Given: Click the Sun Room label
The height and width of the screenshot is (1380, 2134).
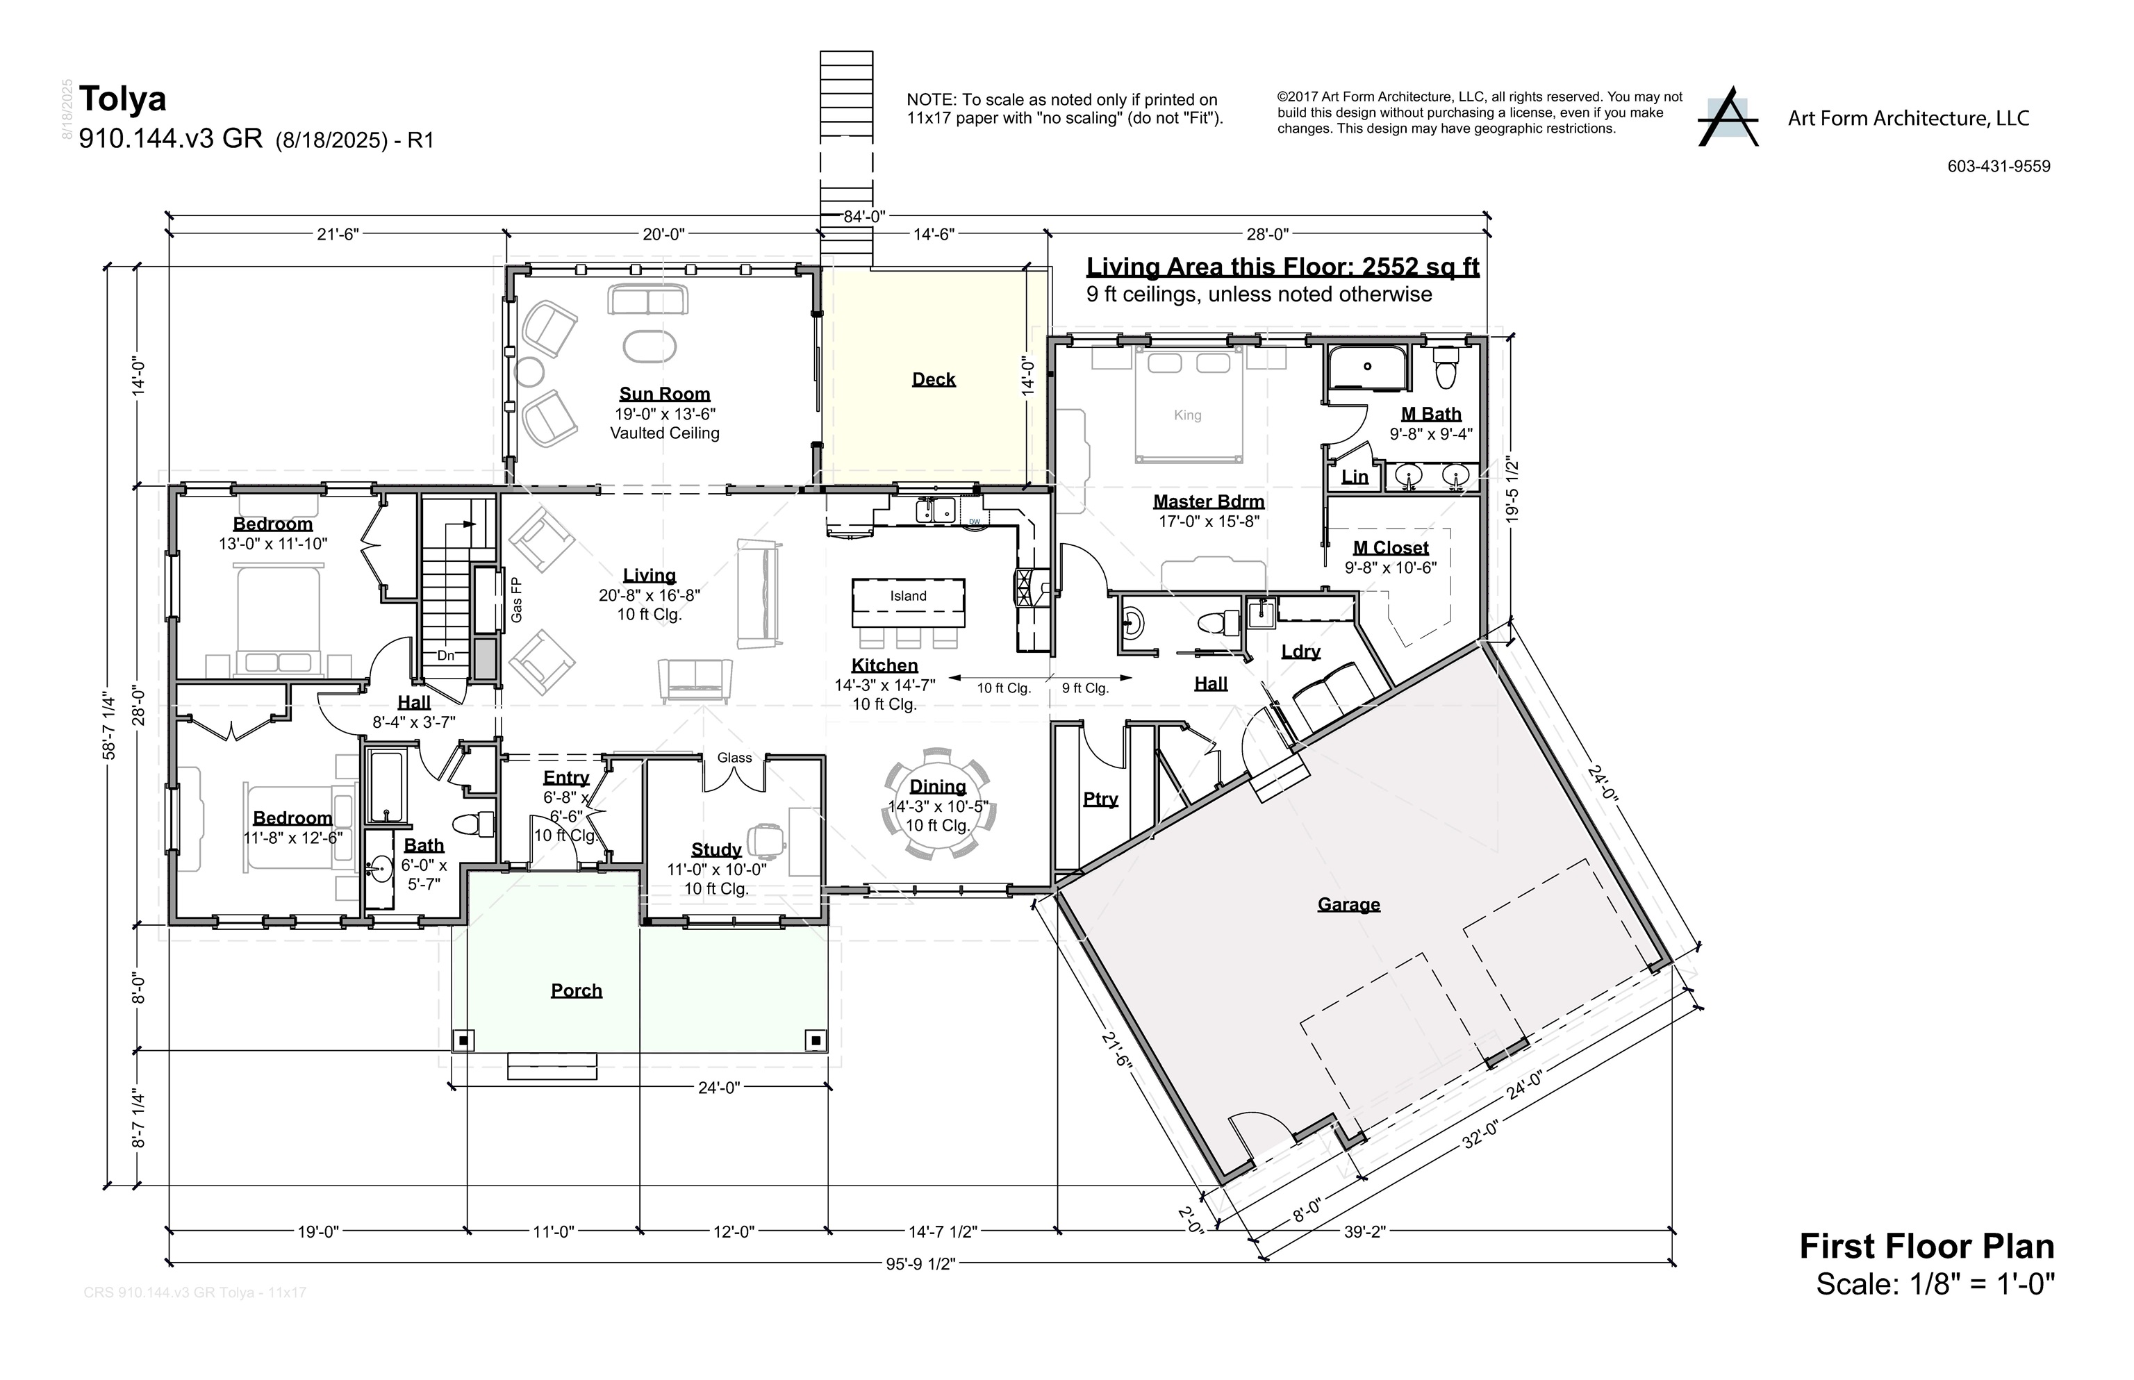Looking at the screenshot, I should [664, 394].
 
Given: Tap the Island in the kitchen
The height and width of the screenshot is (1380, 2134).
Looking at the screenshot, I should [908, 597].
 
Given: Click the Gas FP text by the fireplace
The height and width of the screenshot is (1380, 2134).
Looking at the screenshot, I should [517, 599].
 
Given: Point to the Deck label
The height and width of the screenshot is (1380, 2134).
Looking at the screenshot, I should [933, 380].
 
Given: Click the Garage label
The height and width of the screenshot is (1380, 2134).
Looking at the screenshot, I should [1348, 905].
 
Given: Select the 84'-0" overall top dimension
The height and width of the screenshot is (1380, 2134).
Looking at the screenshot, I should [864, 217].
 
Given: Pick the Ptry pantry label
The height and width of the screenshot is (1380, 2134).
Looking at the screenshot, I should [1100, 799].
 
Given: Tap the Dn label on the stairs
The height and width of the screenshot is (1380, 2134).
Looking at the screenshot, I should [445, 656].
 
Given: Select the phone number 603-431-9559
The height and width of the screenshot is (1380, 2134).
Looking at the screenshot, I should [1998, 167].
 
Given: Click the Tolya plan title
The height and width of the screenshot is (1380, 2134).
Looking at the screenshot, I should [123, 99].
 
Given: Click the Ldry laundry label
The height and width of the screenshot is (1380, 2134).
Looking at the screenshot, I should [1300, 651].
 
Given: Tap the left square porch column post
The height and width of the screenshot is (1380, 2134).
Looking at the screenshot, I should [463, 1040].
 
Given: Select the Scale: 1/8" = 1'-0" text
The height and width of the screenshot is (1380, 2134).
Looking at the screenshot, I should [1934, 1284].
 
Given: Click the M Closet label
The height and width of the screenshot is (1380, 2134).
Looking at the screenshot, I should [1390, 547].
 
